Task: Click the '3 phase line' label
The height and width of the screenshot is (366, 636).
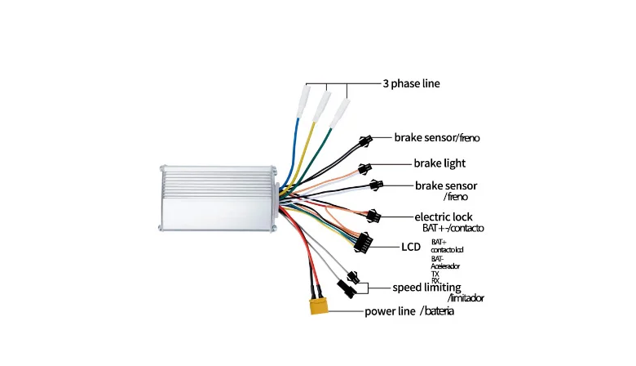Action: click(x=411, y=83)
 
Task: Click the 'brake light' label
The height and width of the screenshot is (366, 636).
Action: click(x=439, y=163)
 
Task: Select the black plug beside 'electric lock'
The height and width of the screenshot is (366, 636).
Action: click(x=373, y=216)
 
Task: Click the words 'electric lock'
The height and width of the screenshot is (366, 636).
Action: click(x=444, y=216)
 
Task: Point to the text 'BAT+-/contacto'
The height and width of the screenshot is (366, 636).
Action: click(x=453, y=227)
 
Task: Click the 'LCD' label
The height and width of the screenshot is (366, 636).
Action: click(x=410, y=247)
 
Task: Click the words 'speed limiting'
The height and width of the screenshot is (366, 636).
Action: click(x=426, y=288)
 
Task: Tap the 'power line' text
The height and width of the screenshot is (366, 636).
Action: click(x=389, y=311)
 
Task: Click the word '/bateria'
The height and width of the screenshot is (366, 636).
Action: click(x=437, y=311)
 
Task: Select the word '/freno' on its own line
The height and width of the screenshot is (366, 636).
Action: click(x=456, y=197)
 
